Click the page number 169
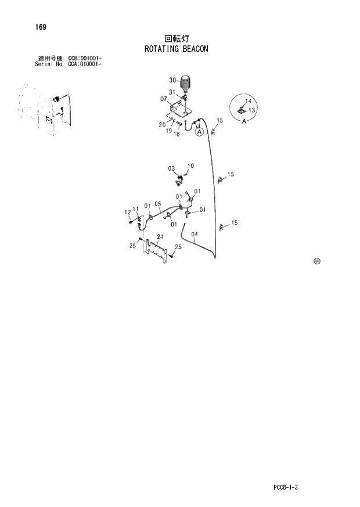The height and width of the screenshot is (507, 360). (x=41, y=27)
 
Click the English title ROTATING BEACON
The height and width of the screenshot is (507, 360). (x=176, y=49)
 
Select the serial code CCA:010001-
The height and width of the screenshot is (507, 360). (x=85, y=64)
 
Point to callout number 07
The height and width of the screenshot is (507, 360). (x=164, y=99)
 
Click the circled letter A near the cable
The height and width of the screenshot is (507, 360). (x=199, y=132)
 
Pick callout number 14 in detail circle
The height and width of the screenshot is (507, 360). (x=248, y=101)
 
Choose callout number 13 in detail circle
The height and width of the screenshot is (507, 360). (x=252, y=110)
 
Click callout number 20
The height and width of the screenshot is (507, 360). (x=162, y=124)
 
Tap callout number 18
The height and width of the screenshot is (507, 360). (x=177, y=134)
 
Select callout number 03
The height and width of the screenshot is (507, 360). (x=171, y=168)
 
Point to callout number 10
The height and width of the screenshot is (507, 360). (x=190, y=166)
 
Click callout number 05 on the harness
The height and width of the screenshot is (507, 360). (x=157, y=204)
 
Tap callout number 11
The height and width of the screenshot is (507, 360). (x=135, y=208)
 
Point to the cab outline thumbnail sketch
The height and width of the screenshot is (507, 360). (x=44, y=110)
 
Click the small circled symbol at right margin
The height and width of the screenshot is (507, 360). (x=316, y=261)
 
